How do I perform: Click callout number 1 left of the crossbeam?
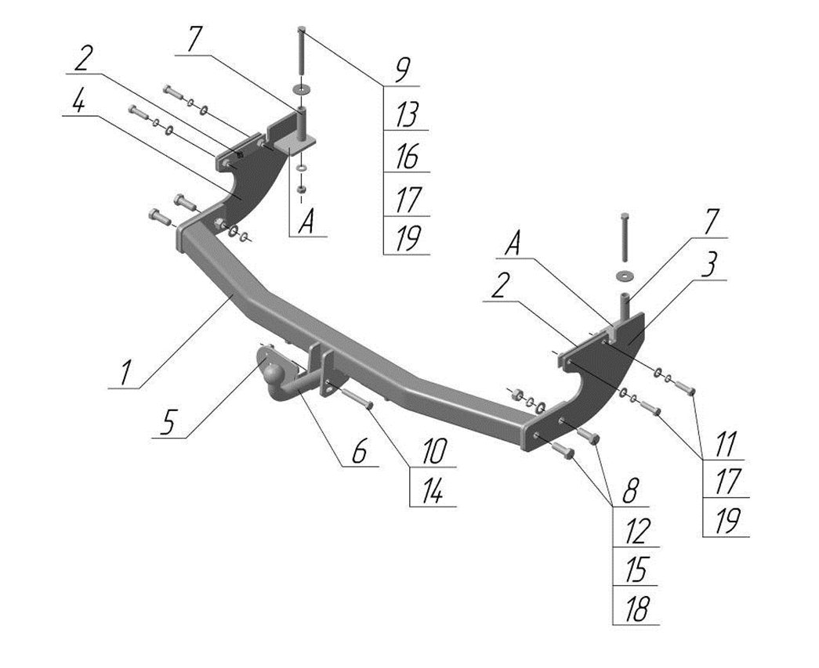(x=129, y=371)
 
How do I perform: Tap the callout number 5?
(x=169, y=423)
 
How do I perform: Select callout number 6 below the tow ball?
(x=360, y=452)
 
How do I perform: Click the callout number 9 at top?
(x=401, y=70)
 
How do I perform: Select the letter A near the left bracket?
(x=307, y=224)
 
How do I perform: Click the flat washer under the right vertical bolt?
(x=625, y=274)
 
